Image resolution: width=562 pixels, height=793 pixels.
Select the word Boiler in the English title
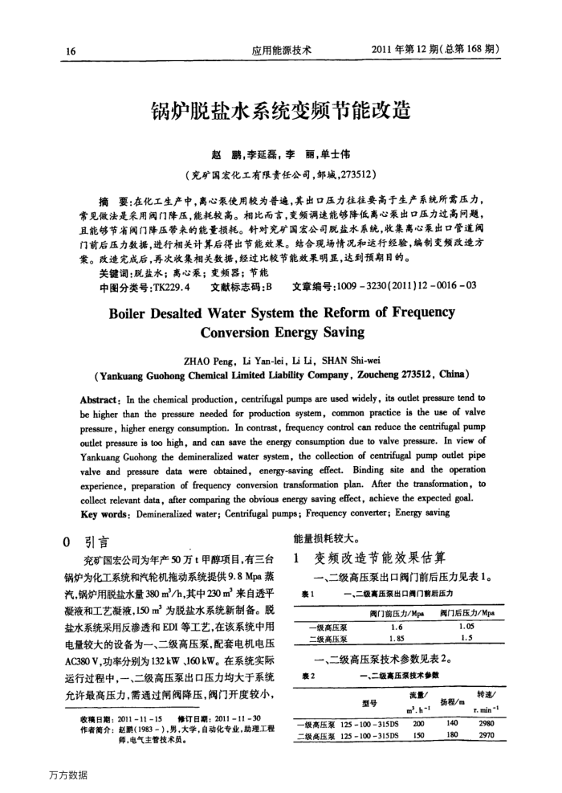point(137,313)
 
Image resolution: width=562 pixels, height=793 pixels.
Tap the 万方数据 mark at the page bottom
point(67,775)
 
